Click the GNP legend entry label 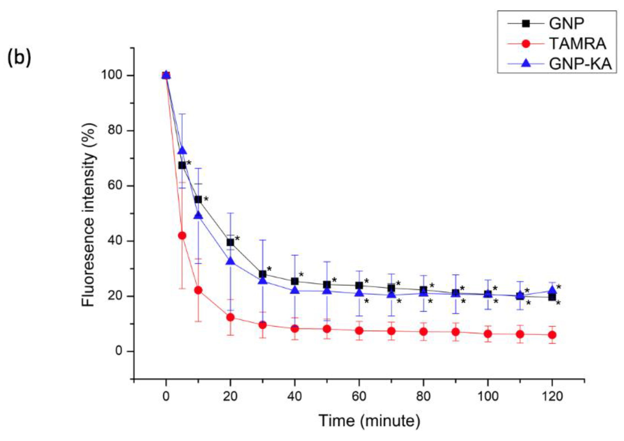[x=566, y=24]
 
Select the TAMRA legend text [x=577, y=44]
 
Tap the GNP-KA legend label [x=580, y=64]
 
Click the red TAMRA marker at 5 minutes [x=182, y=235]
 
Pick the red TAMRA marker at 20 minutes [x=230, y=317]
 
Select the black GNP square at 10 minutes [x=198, y=199]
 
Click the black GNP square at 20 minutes [x=230, y=242]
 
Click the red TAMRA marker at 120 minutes [x=552, y=335]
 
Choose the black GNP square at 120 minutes [x=552, y=297]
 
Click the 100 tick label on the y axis [x=112, y=75]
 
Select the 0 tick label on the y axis [x=119, y=351]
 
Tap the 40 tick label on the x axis [x=295, y=396]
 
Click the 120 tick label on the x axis [x=552, y=396]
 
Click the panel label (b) [x=19, y=58]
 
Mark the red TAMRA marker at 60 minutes [x=359, y=331]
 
